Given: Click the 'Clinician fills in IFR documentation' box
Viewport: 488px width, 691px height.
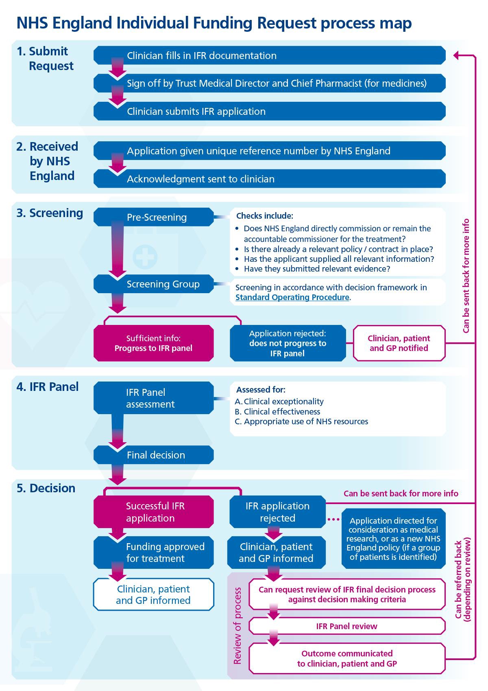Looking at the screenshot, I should [269, 55].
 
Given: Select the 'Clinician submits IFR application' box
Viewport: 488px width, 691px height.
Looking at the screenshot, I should [269, 111].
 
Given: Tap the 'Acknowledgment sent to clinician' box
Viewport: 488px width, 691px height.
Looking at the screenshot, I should [269, 179].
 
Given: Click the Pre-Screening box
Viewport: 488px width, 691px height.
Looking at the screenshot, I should [154, 217].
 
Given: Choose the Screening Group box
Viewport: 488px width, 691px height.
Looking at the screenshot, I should [154, 284].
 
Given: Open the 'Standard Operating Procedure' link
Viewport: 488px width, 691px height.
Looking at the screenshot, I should [292, 297].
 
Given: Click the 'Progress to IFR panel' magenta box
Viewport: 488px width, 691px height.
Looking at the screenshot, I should [154, 343].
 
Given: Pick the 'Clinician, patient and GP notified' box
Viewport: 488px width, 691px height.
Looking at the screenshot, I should [399, 343].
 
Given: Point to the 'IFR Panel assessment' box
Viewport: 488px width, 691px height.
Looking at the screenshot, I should [154, 398].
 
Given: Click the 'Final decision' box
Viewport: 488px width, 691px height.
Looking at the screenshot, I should [154, 455].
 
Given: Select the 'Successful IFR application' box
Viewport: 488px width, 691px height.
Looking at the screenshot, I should [154, 512].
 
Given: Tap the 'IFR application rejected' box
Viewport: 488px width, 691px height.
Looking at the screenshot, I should [277, 512].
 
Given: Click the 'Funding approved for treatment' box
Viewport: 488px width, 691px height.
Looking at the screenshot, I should [154, 553].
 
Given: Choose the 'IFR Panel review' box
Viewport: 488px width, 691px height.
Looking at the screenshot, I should [346, 626].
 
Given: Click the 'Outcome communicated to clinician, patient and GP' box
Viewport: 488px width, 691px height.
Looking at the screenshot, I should [346, 658].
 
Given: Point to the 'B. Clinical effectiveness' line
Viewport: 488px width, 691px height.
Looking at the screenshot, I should [278, 412].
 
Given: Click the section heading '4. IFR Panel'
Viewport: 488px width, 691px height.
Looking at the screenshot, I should [48, 387].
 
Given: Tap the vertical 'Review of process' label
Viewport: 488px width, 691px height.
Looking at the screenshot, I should [237, 625].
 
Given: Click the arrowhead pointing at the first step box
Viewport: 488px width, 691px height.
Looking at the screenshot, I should [456, 55].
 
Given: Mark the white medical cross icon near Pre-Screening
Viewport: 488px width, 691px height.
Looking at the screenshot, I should [145, 257].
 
